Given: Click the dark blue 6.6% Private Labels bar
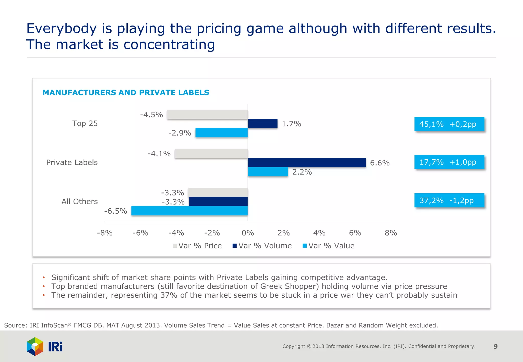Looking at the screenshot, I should (x=307, y=163).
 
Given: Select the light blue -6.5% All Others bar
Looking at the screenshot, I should (x=189, y=211).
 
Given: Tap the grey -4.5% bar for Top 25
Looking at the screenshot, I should (x=207, y=115).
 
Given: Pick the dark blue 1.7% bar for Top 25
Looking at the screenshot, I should (x=263, y=124).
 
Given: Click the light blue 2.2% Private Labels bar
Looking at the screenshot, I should (x=268, y=172).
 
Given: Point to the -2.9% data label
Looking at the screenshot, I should (x=180, y=133).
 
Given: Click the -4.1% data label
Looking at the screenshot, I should (x=159, y=154).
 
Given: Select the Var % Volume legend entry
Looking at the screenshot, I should (x=262, y=246).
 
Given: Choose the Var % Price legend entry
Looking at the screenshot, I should (x=197, y=246).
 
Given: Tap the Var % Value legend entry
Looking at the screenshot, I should (x=328, y=246).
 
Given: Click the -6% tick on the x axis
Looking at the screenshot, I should (x=140, y=233).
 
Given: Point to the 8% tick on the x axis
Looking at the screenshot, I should (x=391, y=233).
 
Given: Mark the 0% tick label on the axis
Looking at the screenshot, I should (x=248, y=233).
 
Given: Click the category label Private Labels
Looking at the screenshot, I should (x=72, y=163).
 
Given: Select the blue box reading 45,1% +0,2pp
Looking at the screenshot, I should (x=449, y=124).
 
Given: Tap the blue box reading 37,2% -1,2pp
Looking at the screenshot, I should (x=449, y=200).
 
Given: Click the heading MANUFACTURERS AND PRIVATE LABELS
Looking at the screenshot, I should (x=126, y=92).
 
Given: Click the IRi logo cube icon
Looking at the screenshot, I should (x=35, y=346).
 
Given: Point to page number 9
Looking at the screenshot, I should (x=495, y=346).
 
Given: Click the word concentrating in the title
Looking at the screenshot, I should (x=169, y=45).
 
